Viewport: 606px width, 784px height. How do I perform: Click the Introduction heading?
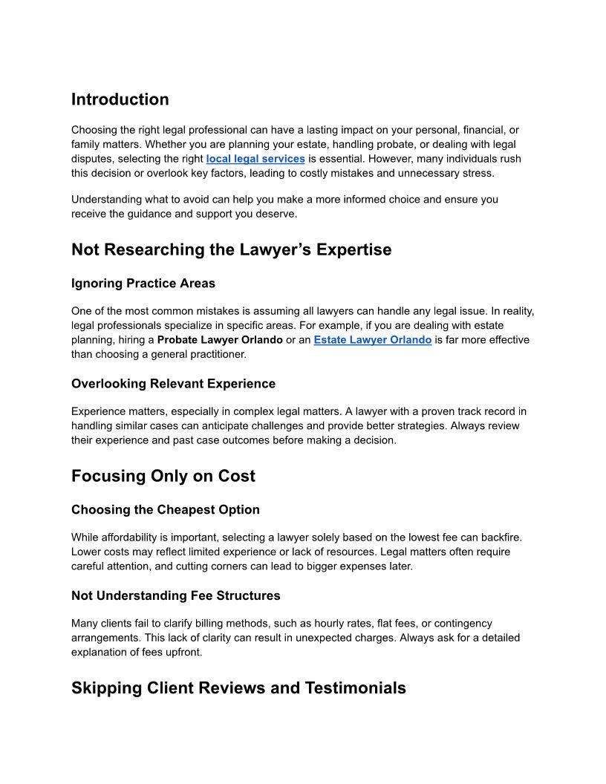pyautogui.click(x=120, y=99)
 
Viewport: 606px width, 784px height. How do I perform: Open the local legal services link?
pyautogui.click(x=255, y=159)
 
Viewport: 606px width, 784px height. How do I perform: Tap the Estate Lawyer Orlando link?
pyautogui.click(x=372, y=340)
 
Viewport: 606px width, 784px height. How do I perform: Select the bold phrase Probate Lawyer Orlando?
pyautogui.click(x=220, y=340)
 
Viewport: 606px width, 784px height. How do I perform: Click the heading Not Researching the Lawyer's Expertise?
pyautogui.click(x=231, y=250)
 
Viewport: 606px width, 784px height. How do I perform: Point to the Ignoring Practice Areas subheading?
pyautogui.click(x=143, y=283)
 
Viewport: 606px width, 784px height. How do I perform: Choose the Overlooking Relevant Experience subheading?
pyautogui.click(x=173, y=384)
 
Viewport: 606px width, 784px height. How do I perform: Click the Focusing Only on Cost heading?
pyautogui.click(x=163, y=477)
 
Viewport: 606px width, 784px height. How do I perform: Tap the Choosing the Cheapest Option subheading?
pyautogui.click(x=166, y=510)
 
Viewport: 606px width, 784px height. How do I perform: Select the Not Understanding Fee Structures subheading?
pyautogui.click(x=176, y=595)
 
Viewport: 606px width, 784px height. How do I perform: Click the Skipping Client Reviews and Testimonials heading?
pyautogui.click(x=238, y=688)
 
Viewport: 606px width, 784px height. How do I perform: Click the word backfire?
pyautogui.click(x=511, y=537)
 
